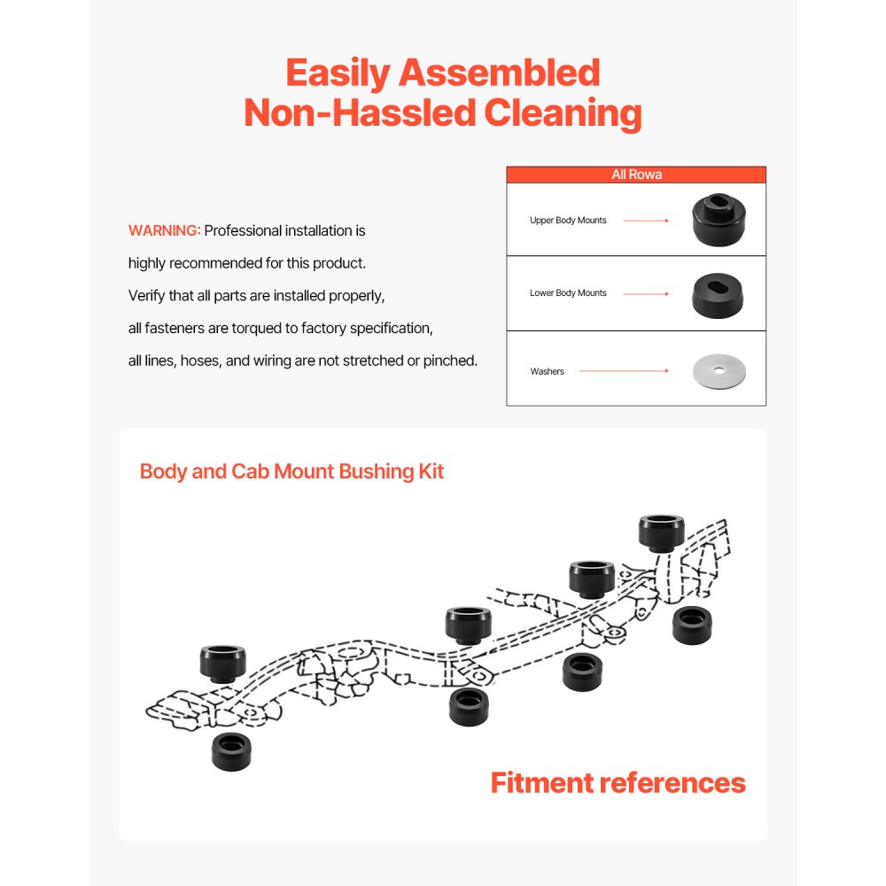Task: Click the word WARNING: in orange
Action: click(164, 230)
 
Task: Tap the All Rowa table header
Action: click(636, 175)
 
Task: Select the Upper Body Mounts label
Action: click(568, 220)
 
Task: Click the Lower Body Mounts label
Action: click(568, 292)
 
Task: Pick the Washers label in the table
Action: click(547, 371)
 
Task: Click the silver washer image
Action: click(719, 370)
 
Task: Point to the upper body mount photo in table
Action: click(719, 220)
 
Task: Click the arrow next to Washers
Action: click(624, 371)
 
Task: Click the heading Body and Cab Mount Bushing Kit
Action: click(291, 470)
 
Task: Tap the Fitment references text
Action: click(618, 782)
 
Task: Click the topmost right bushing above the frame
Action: click(661, 533)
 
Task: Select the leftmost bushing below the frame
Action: click(231, 751)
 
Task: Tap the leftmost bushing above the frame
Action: click(222, 664)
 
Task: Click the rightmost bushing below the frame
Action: click(692, 626)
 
